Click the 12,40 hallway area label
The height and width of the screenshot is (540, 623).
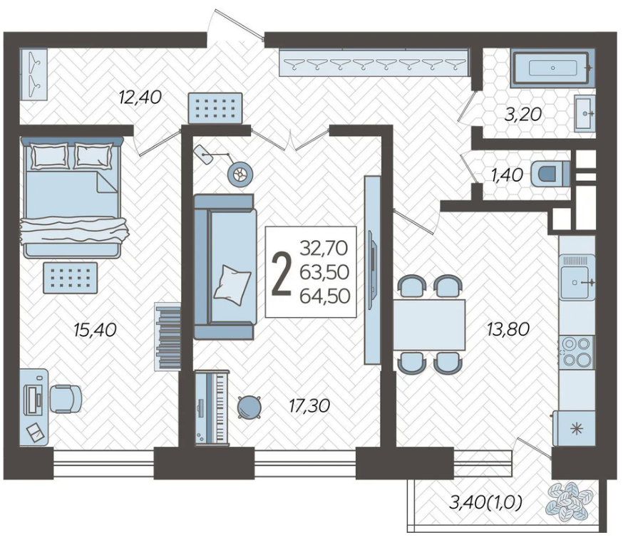[140, 97]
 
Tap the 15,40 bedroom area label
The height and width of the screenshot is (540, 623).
[96, 330]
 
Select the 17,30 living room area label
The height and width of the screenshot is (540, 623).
[309, 406]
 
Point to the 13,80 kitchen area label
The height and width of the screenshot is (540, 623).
[508, 328]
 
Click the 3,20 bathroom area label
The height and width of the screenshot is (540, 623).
[523, 115]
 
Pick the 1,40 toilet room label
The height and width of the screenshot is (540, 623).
[507, 175]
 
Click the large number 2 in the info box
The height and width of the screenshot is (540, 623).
[282, 274]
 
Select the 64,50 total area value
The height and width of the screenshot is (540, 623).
[325, 296]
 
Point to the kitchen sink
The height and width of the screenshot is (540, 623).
[577, 278]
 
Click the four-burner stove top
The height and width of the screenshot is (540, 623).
[577, 351]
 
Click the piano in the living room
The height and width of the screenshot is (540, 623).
[212, 407]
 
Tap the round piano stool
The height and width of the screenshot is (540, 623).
[249, 407]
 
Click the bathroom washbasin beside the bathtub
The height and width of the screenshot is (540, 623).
[585, 113]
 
